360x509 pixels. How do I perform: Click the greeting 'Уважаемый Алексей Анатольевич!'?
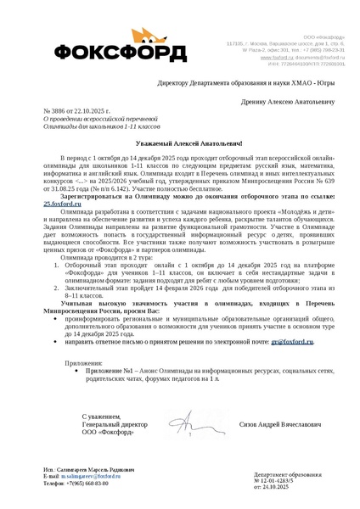(179, 143)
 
